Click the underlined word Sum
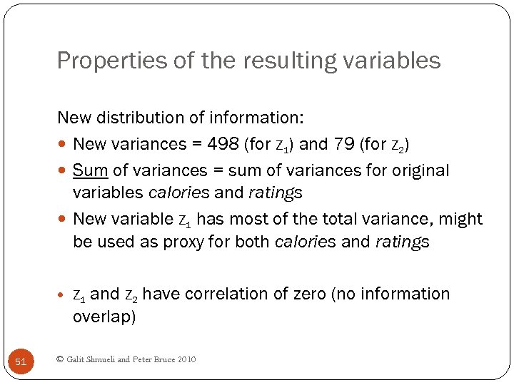pos(89,170)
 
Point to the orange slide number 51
pos(21,362)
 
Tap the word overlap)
pos(104,317)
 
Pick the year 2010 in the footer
pos(185,359)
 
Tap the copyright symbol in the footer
pos(59,359)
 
